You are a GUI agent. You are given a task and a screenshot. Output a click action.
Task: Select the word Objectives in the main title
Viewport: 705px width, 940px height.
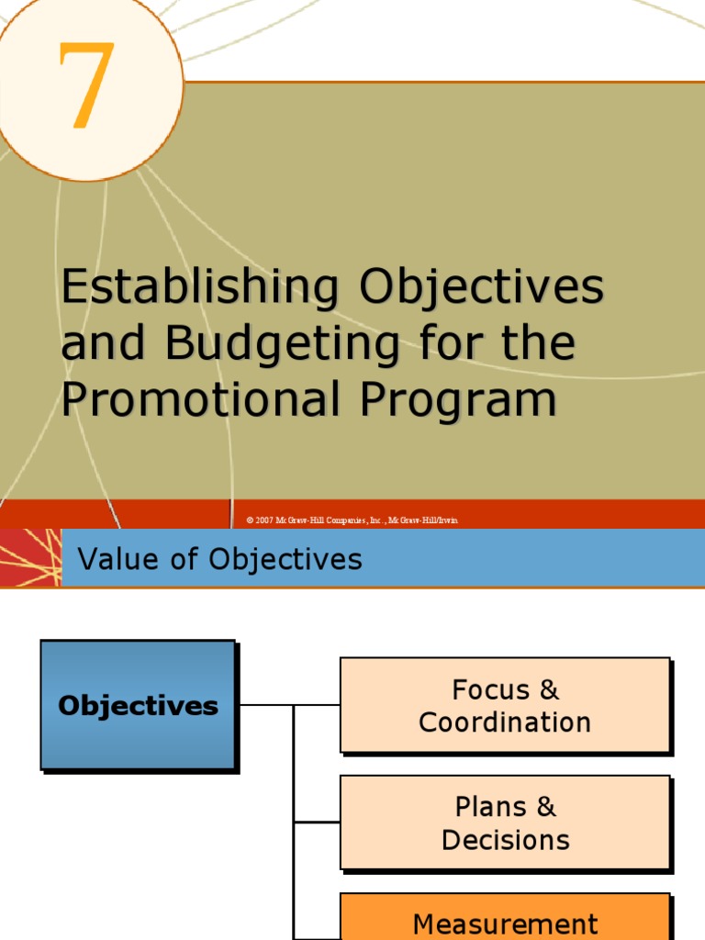pos(481,287)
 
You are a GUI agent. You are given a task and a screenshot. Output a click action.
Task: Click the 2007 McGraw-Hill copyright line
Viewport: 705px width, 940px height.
pos(352,520)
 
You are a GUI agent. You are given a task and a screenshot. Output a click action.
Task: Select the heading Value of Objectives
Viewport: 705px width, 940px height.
pos(220,559)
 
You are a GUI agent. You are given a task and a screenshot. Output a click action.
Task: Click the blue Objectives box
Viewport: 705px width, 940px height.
pos(138,705)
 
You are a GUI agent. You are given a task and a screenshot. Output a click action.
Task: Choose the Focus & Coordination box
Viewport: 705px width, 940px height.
pos(505,705)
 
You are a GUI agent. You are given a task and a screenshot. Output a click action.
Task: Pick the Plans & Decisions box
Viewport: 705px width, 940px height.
pos(505,822)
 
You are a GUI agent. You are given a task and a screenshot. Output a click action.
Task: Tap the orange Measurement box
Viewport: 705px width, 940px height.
pos(505,920)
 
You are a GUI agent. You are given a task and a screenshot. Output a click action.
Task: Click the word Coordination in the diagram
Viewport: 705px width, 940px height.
pos(505,722)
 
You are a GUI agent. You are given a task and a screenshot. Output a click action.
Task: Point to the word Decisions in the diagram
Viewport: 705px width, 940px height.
pos(505,840)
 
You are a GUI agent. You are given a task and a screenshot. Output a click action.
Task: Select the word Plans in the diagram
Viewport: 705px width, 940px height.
pos(491,807)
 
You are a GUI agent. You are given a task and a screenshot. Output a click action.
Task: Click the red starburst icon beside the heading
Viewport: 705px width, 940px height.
pos(29,558)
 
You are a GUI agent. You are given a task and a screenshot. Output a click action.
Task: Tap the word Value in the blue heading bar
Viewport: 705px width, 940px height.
pos(112,559)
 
